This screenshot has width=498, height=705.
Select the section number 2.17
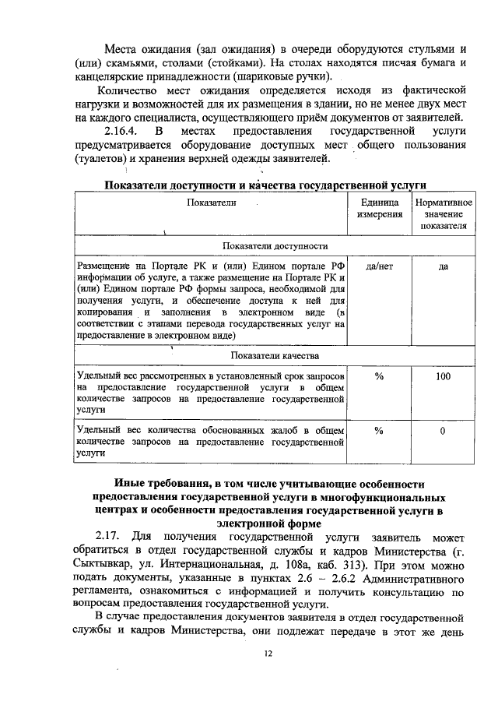point(110,538)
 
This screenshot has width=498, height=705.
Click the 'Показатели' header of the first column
point(210,202)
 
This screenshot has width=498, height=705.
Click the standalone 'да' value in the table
point(442,266)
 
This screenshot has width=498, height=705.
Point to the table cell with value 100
point(442,376)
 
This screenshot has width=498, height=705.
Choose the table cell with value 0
point(442,430)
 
